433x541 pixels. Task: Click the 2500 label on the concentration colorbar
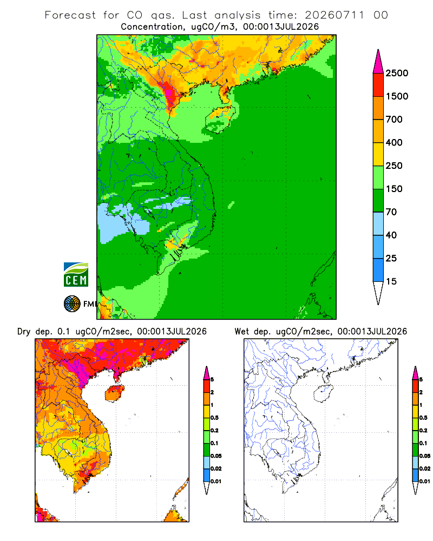(397, 73)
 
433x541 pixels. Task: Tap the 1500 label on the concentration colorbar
(397, 96)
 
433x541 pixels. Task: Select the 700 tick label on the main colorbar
(394, 120)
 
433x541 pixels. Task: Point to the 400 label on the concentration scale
(394, 142)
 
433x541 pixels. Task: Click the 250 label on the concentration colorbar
(394, 166)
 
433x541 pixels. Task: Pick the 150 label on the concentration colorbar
(394, 189)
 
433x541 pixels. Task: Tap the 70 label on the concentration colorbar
(391, 212)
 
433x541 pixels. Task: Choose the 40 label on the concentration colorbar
(391, 235)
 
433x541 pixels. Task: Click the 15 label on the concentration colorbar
(391, 281)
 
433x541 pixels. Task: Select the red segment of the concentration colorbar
(378, 85)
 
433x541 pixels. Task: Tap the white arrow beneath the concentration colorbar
(378, 292)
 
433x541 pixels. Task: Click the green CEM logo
(76, 275)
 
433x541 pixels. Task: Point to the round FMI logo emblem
(72, 304)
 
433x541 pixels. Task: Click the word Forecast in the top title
(70, 15)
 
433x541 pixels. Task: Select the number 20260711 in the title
(334, 15)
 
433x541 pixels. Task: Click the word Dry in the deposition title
(24, 332)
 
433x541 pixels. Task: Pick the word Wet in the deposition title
(241, 332)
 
